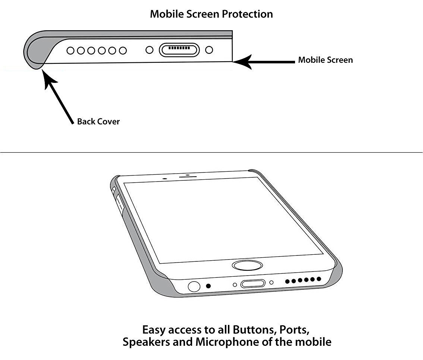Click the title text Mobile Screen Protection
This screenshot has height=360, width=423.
211,14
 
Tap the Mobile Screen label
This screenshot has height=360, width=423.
325,60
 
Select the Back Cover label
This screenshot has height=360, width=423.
98,121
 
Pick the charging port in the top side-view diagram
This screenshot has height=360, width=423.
179,49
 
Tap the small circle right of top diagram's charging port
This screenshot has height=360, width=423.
210,49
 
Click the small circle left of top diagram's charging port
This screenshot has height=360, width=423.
149,49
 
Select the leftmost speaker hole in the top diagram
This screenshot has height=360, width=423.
70,50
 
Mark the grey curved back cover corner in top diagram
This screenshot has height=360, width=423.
37,50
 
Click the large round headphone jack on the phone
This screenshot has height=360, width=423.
194,287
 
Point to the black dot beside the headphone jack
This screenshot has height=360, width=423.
209,286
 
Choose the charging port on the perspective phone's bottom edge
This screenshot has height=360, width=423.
253,284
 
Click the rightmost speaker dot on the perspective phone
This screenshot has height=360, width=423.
319,279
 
